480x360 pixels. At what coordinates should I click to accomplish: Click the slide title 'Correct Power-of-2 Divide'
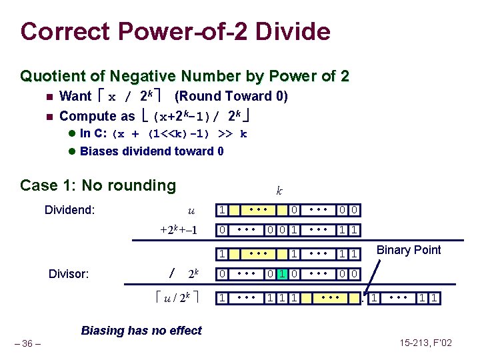tap(175, 31)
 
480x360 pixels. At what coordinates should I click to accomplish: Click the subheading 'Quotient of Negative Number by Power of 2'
tap(185, 76)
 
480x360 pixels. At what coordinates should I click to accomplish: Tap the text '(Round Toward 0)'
tap(231, 96)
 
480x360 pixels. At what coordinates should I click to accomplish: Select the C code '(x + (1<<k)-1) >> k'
tap(180, 133)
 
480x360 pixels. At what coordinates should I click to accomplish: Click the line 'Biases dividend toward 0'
tap(151, 151)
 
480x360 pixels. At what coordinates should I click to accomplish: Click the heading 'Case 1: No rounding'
tap(98, 185)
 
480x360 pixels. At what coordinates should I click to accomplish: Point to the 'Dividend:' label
tap(69, 211)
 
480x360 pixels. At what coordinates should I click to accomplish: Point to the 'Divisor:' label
tap(72, 273)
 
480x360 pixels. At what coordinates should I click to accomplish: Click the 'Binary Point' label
tap(409, 250)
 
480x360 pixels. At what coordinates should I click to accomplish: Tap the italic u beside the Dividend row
tap(191, 211)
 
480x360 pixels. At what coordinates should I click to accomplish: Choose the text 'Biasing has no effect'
tap(141, 330)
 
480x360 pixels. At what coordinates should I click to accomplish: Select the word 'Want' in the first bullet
tap(75, 96)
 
